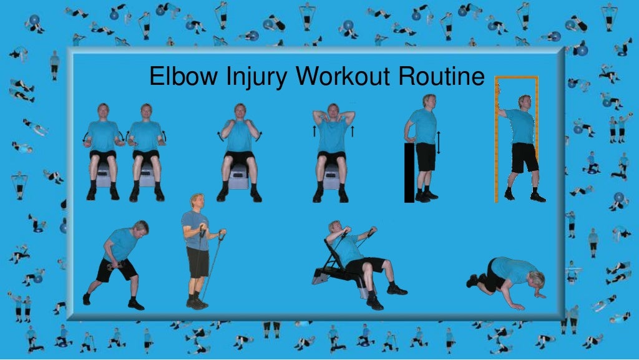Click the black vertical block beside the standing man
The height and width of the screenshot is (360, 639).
point(409,172)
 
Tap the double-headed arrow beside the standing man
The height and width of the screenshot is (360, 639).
point(439,142)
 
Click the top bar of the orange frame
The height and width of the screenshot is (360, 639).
point(516,78)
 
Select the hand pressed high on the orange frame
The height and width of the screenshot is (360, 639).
point(500,111)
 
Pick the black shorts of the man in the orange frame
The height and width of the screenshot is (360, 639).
point(524,157)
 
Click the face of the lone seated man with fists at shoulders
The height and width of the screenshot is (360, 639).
point(240,113)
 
